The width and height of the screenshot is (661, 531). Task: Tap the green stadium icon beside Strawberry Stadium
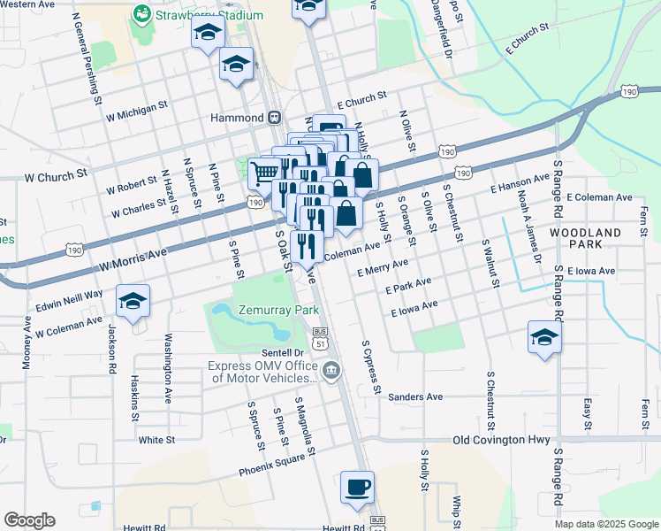(x=141, y=14)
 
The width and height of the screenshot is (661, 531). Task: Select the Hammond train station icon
(x=275, y=117)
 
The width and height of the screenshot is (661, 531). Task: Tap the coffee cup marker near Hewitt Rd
(x=357, y=488)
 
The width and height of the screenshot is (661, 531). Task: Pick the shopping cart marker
(x=264, y=173)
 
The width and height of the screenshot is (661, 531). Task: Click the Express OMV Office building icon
(x=332, y=370)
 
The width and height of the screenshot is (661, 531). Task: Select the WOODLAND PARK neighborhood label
(x=584, y=238)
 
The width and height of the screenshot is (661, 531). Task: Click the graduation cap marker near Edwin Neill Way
(x=133, y=302)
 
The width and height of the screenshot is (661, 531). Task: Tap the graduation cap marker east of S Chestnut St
(x=544, y=337)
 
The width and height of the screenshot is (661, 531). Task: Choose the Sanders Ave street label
(x=414, y=397)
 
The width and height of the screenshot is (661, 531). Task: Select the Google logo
(x=30, y=520)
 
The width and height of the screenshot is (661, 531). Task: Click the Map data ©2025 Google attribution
(x=606, y=524)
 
